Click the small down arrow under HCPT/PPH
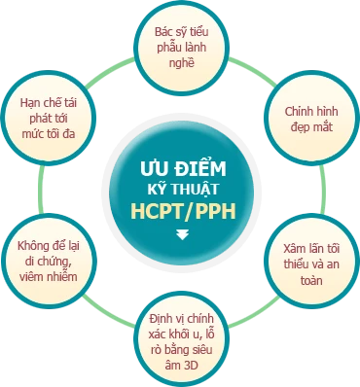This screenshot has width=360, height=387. click(x=181, y=234)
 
